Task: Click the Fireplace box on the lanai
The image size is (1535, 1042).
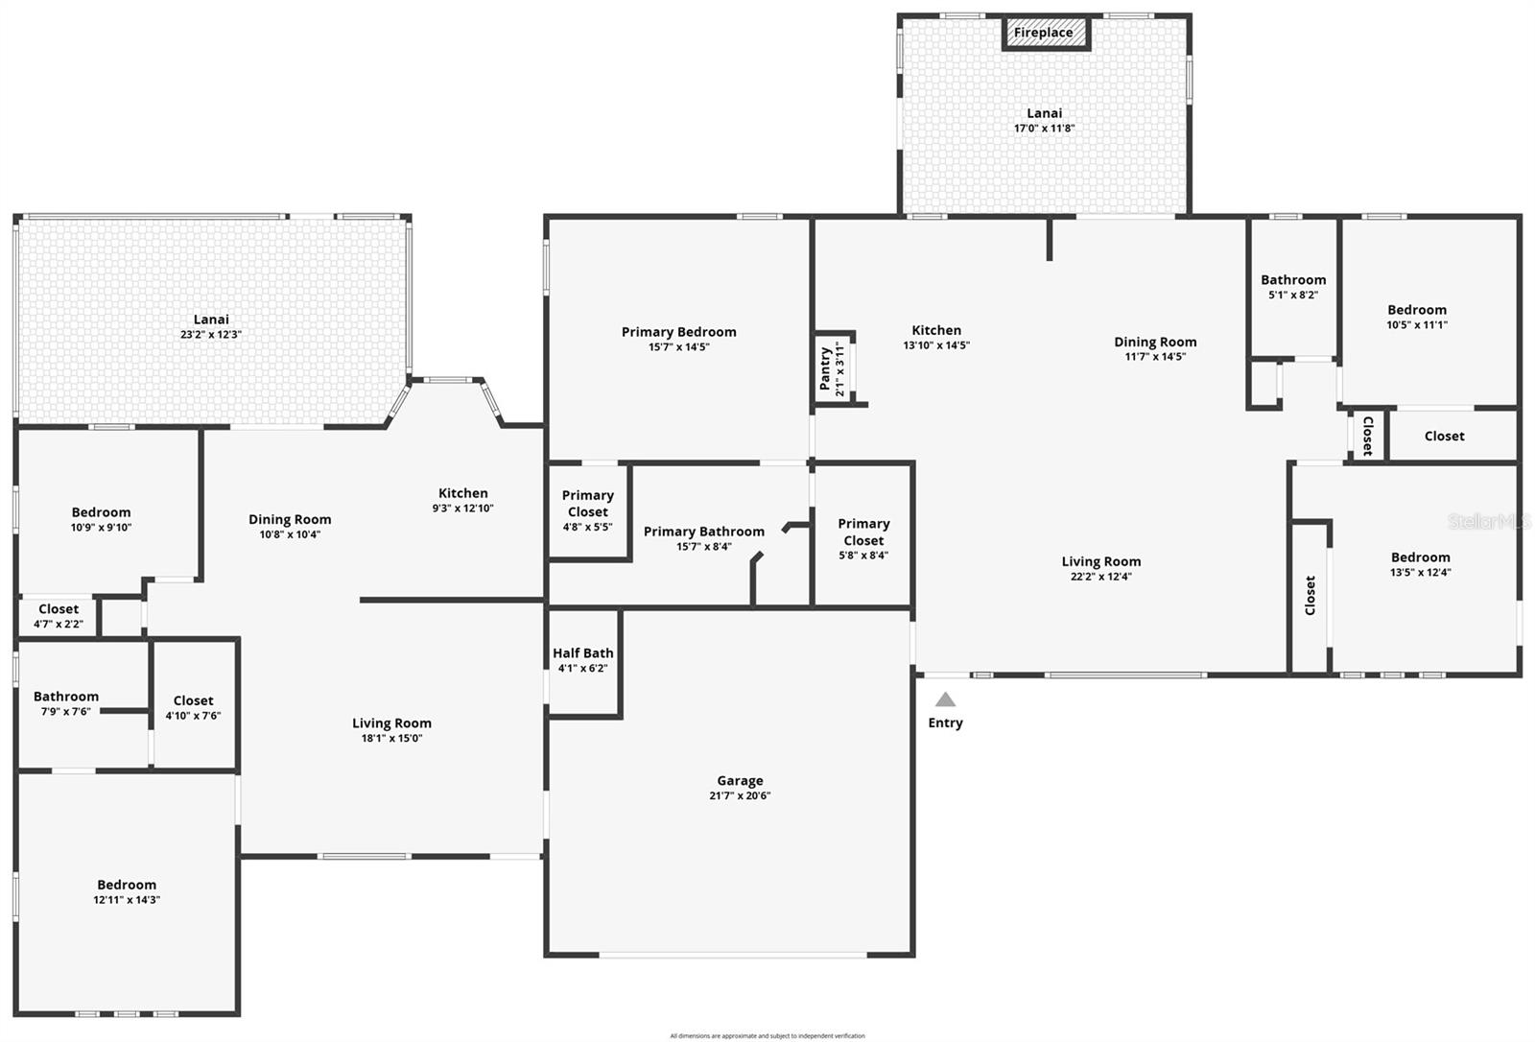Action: (1045, 33)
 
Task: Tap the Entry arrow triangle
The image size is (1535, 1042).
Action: (945, 699)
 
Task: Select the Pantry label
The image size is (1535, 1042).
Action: (825, 368)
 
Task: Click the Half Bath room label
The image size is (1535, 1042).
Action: (583, 653)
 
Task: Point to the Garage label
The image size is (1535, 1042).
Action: (740, 781)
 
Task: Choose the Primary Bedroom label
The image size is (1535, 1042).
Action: (678, 332)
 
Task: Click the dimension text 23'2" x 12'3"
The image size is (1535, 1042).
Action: (211, 335)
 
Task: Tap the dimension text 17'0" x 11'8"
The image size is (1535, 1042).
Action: (1044, 129)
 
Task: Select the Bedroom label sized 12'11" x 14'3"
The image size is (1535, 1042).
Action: (127, 885)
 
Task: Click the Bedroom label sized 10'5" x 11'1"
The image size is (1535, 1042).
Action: (1416, 310)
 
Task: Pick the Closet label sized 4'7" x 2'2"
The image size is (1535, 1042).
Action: (59, 609)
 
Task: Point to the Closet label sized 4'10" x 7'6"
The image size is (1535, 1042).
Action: (193, 700)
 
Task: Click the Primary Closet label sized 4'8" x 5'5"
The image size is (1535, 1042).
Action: (587, 504)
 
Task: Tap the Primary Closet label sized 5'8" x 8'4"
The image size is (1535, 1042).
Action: (863, 532)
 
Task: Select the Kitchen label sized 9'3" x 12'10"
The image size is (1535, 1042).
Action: (462, 493)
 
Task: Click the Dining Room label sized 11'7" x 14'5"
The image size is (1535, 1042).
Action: (1155, 342)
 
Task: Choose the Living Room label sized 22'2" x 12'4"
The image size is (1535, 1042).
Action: (1100, 561)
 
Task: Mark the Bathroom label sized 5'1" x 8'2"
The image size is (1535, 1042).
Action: (1293, 280)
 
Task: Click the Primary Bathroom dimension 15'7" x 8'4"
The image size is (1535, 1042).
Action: (703, 547)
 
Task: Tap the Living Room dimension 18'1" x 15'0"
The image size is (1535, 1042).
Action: (391, 739)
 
